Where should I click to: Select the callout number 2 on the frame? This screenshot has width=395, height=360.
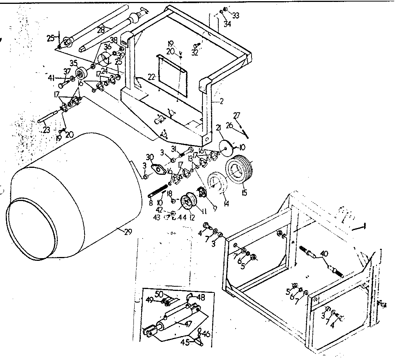tap(221, 101)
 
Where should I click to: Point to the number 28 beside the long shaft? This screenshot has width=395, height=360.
tap(101, 30)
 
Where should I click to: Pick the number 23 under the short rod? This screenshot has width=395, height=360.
tap(46, 130)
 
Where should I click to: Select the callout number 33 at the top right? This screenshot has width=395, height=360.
tap(236, 15)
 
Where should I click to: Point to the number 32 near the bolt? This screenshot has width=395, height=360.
tap(194, 53)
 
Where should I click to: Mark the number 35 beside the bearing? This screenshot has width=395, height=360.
tap(73, 64)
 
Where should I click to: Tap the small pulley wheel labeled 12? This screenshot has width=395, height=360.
tap(189, 202)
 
